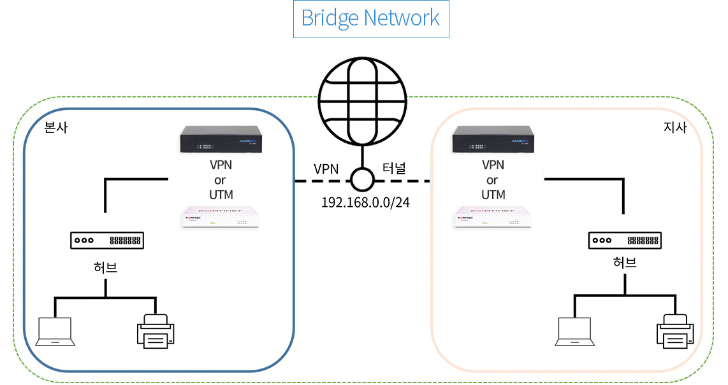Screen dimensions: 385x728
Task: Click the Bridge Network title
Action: (370, 18)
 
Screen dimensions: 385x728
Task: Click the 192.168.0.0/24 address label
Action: (365, 202)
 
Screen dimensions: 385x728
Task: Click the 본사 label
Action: (56, 127)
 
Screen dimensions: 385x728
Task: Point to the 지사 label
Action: (674, 127)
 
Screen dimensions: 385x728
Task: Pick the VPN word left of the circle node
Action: (326, 169)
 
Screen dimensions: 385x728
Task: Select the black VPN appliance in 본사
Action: (221, 139)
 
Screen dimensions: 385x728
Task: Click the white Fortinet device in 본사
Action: (221, 217)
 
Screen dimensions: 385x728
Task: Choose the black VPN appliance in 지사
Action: (493, 139)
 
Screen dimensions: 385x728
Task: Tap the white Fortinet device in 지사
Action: (493, 217)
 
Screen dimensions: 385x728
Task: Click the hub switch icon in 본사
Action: (106, 241)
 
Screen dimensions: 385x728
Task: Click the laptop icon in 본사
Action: (55, 332)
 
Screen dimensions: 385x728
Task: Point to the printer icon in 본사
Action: (156, 331)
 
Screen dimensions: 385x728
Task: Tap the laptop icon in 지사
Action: (575, 332)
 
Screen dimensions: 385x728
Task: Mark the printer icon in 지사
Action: (675, 331)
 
